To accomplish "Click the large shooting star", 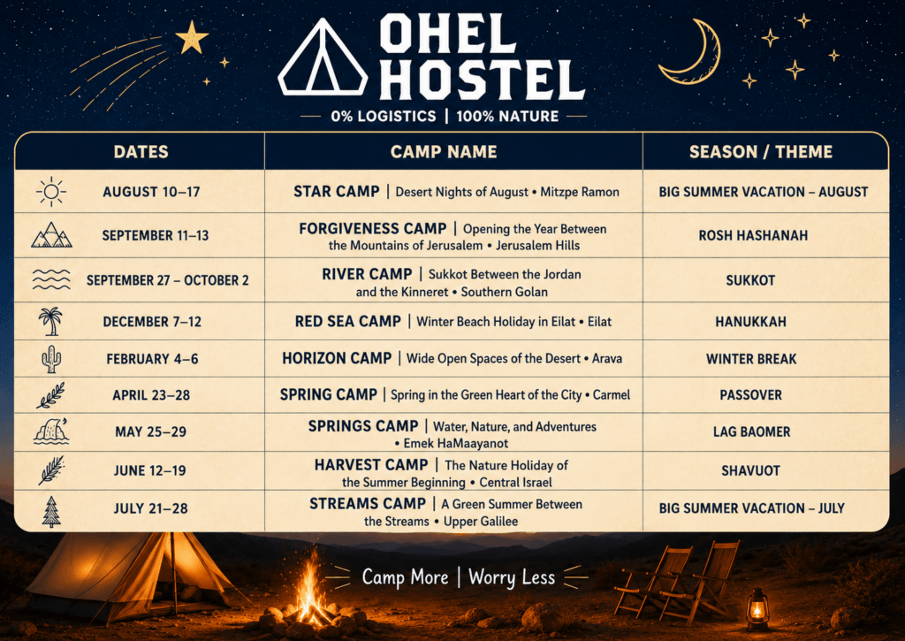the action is click(192, 38).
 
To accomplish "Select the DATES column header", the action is click(141, 152).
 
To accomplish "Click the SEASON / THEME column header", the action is click(761, 152).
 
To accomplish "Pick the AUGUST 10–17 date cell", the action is click(151, 192).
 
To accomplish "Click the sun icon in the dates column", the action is click(50, 192).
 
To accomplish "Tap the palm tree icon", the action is click(50, 321).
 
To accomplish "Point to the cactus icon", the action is click(50, 359).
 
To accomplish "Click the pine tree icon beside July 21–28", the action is click(51, 511).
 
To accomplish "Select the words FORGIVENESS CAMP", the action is click(373, 229).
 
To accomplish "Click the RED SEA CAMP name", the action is click(348, 322).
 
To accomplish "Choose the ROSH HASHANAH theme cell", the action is click(753, 235).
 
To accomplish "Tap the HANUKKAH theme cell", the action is click(751, 322).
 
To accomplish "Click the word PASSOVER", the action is click(751, 395).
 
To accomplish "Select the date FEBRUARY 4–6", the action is click(152, 359).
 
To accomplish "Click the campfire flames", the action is click(310, 591).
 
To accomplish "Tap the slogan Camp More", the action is click(405, 576).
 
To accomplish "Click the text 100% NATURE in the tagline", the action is click(507, 117).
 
